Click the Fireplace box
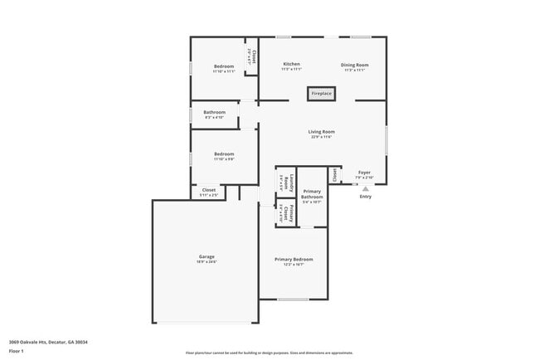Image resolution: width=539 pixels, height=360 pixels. coord(321,94)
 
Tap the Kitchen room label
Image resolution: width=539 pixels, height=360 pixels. coord(291,64)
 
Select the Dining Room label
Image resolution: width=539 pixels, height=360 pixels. coord(354,64)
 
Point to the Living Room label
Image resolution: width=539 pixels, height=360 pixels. coord(321,131)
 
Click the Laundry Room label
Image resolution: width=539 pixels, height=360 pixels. coord(282,178)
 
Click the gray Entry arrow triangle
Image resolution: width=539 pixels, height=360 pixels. coord(365,189)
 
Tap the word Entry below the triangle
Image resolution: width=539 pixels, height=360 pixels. coord(365,197)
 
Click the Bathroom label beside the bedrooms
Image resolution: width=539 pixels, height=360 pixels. coord(214,112)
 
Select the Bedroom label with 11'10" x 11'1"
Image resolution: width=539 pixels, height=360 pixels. coord(224,66)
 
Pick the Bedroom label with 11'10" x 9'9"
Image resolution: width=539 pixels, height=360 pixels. coord(224,153)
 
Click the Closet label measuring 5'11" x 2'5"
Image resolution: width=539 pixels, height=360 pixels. coord(209,190)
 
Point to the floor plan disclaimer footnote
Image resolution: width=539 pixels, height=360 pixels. coord(269,353)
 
